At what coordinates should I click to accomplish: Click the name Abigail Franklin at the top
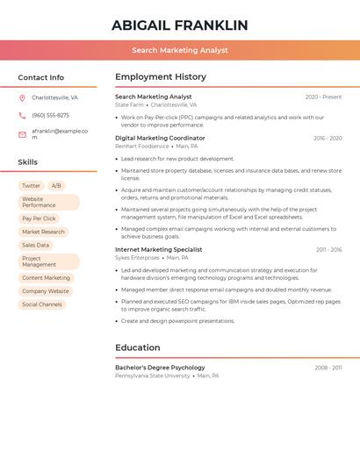(x=180, y=25)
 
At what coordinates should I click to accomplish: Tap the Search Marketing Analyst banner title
(x=180, y=51)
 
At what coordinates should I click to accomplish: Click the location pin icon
(x=22, y=97)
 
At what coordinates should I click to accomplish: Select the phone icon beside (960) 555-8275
(x=22, y=115)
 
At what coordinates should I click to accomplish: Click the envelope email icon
(x=22, y=134)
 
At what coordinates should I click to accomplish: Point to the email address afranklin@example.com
(x=60, y=133)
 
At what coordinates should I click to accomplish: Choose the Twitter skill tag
(x=31, y=186)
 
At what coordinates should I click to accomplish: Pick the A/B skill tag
(x=56, y=186)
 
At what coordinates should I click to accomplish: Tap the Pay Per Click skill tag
(x=39, y=218)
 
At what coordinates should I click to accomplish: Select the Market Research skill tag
(x=43, y=232)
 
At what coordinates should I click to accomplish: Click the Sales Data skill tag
(x=35, y=245)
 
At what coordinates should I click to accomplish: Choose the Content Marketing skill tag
(x=46, y=278)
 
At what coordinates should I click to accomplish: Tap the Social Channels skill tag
(x=42, y=304)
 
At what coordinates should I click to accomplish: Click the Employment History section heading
(x=161, y=77)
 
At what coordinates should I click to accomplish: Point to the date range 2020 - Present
(x=323, y=97)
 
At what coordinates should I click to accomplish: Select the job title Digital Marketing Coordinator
(x=160, y=138)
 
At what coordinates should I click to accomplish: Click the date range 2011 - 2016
(x=328, y=249)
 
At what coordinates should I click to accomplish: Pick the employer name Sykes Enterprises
(x=137, y=258)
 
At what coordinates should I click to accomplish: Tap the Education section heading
(x=137, y=347)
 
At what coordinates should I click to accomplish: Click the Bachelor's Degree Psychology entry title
(x=160, y=368)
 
